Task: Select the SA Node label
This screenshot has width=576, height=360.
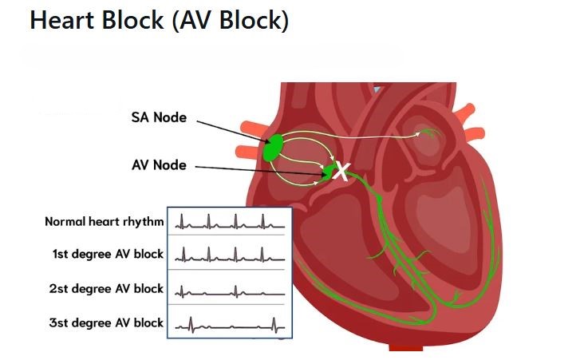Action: (x=158, y=117)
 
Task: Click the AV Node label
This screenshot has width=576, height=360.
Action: (x=158, y=165)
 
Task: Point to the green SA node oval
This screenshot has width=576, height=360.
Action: (x=273, y=148)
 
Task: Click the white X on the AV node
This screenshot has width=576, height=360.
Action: (x=341, y=170)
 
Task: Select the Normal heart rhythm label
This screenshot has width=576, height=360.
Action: (x=105, y=221)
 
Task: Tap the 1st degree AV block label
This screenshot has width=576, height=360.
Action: (x=108, y=255)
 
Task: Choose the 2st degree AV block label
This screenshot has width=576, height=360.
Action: (x=108, y=288)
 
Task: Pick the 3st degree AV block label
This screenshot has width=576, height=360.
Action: (x=108, y=322)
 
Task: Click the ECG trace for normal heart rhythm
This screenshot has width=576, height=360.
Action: (x=229, y=221)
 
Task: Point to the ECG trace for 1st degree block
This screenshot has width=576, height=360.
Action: (x=229, y=255)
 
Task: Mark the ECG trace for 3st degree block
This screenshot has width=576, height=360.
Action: (x=229, y=324)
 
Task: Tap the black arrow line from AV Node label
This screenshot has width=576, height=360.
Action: (x=255, y=168)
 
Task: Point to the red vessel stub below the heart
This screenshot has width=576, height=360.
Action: (x=407, y=349)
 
